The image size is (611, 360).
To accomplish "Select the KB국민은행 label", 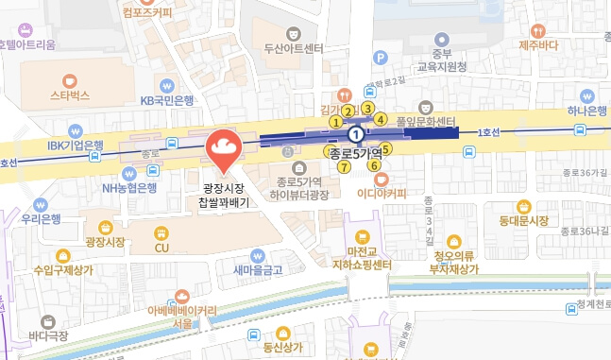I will point(166,100).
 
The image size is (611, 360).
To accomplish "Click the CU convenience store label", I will point(161,248).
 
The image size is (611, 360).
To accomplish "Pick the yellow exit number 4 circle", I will point(381,119).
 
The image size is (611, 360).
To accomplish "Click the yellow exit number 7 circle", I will point(344,167).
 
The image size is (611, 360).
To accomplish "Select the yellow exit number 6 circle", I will point(374,166).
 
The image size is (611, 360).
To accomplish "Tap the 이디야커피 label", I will point(382,193).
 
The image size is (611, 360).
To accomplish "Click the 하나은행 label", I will point(586,111).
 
